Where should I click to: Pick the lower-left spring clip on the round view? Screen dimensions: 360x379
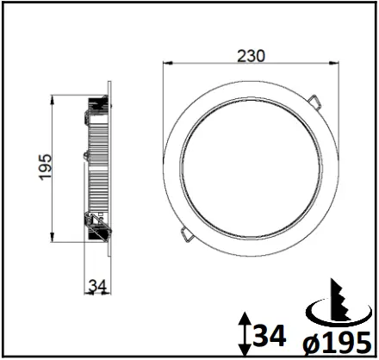click(x=186, y=233)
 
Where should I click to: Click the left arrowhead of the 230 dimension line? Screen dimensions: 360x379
click(x=168, y=63)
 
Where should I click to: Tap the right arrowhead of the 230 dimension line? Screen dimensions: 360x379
click(x=332, y=63)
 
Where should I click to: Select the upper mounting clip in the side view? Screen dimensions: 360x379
click(x=93, y=108)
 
